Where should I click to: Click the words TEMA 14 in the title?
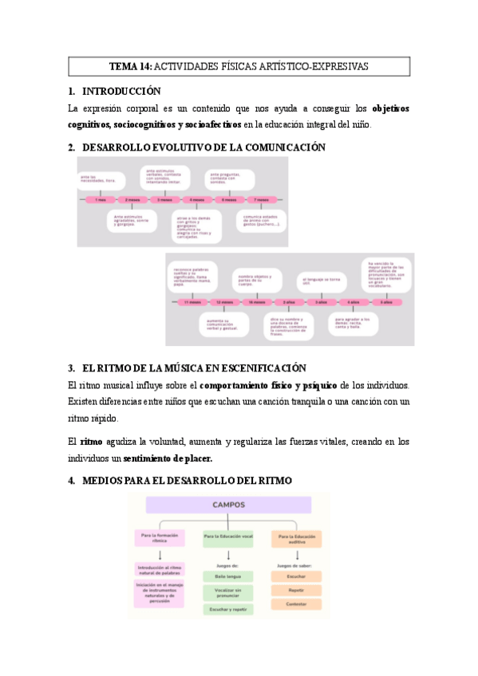pyautogui.click(x=128, y=67)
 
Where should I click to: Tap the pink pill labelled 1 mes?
pyautogui.click(x=100, y=199)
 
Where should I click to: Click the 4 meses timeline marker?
pyautogui.click(x=196, y=199)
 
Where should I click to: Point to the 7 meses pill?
pyautogui.click(x=261, y=199)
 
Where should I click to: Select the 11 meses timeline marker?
pyautogui.click(x=192, y=303)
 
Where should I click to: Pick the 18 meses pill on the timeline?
pyautogui.click(x=257, y=303)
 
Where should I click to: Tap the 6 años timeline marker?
pyautogui.click(x=386, y=303)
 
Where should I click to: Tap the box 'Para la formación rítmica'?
pyautogui.click(x=159, y=538)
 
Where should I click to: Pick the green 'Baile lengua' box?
pyautogui.click(x=228, y=576)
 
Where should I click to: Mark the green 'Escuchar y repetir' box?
pyautogui.click(x=228, y=609)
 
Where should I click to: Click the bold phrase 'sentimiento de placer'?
pyautogui.click(x=168, y=458)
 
